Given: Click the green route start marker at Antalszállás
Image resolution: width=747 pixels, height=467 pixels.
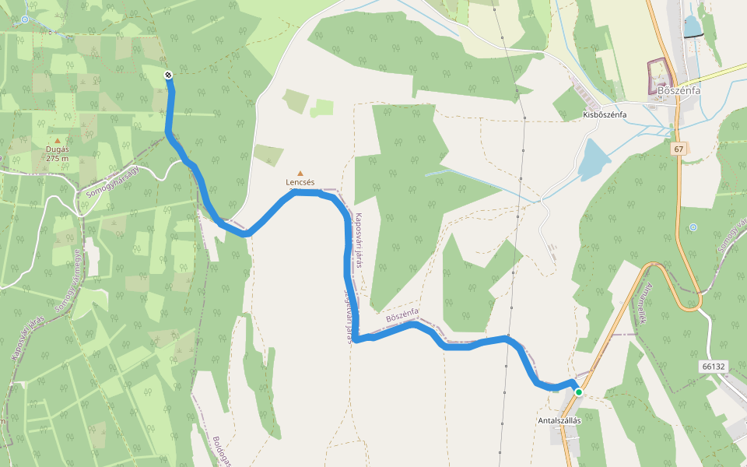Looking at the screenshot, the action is [x=578, y=392].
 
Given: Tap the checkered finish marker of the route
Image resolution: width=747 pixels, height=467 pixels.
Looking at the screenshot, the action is [x=168, y=75].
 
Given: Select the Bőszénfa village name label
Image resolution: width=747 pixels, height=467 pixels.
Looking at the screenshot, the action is [x=679, y=90].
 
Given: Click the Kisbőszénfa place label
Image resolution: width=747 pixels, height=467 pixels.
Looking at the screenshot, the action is [x=605, y=114].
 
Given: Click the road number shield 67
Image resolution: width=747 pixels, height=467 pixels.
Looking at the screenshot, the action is [x=679, y=148].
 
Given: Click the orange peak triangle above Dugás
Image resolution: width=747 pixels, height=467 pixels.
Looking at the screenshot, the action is [x=57, y=141].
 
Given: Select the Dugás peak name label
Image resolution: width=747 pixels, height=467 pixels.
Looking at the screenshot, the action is [x=58, y=149].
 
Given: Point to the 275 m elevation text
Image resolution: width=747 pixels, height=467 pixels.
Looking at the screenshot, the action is [x=58, y=158].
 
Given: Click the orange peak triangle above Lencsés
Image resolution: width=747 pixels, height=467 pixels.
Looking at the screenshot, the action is [x=300, y=174].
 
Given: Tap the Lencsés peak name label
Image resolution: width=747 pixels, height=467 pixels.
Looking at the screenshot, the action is [x=300, y=182].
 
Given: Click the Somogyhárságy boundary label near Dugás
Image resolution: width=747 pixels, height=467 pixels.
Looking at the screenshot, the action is [x=112, y=180].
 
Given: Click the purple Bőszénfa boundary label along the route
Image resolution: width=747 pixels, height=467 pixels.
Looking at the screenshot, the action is [x=402, y=316].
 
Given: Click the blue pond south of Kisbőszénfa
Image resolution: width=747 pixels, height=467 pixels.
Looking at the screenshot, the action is [x=594, y=160].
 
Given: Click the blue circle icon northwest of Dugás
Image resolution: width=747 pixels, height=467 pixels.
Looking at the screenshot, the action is [x=26, y=19].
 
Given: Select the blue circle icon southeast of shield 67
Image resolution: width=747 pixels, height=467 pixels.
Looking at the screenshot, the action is [x=693, y=227].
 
